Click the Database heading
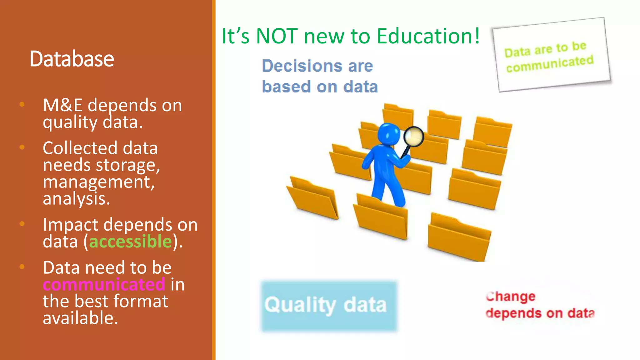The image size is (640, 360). [72, 59]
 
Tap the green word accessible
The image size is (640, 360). [130, 241]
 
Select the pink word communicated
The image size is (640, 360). [104, 284]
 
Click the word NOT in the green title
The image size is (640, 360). [276, 36]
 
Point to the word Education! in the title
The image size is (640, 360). [428, 36]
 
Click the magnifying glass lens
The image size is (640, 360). [413, 136]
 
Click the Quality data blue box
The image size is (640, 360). [329, 306]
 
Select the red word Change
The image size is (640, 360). [510, 296]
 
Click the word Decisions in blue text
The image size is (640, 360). [302, 66]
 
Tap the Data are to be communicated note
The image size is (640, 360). [551, 55]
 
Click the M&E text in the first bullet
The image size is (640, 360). [62, 105]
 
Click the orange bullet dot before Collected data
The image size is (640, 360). [22, 147]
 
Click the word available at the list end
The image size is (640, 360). [80, 318]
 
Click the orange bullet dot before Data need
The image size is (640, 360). [22, 267]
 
